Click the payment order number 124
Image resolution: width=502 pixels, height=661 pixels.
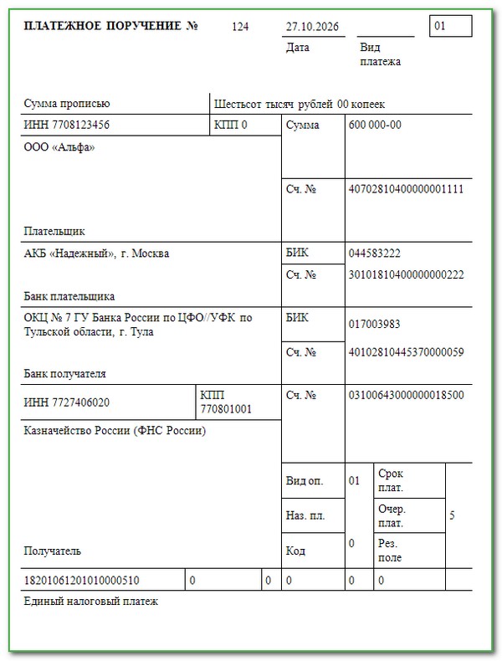point(240,27)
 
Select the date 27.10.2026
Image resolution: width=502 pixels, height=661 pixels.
point(311,27)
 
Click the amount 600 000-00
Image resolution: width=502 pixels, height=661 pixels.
point(375,126)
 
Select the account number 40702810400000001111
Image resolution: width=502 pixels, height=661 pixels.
point(405,189)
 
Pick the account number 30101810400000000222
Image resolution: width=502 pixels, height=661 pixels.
point(405,274)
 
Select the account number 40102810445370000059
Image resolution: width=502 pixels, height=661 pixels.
point(405,352)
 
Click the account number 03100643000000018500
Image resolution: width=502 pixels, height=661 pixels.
point(405,395)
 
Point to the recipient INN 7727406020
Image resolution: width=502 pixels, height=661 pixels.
point(67,402)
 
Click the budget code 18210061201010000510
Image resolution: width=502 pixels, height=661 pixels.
point(82,580)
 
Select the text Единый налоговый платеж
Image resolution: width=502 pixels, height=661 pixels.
point(90,601)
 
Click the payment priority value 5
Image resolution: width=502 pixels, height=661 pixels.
point(452,516)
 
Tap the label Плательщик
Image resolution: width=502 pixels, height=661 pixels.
point(54,231)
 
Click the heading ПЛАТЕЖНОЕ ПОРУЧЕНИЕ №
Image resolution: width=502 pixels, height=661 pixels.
point(111,26)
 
